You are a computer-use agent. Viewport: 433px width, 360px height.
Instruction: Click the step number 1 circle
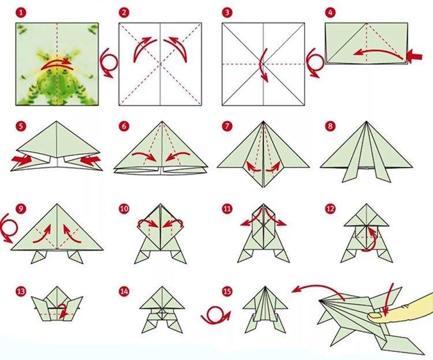[21, 12]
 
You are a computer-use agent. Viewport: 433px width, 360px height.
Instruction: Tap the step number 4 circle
[330, 12]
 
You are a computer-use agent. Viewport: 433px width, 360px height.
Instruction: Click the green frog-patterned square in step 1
[57, 64]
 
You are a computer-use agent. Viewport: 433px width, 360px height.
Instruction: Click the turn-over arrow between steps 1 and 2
[108, 61]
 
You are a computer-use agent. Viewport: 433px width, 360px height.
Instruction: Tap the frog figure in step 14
[159, 315]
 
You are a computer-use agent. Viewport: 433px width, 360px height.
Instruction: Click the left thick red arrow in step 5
[21, 158]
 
